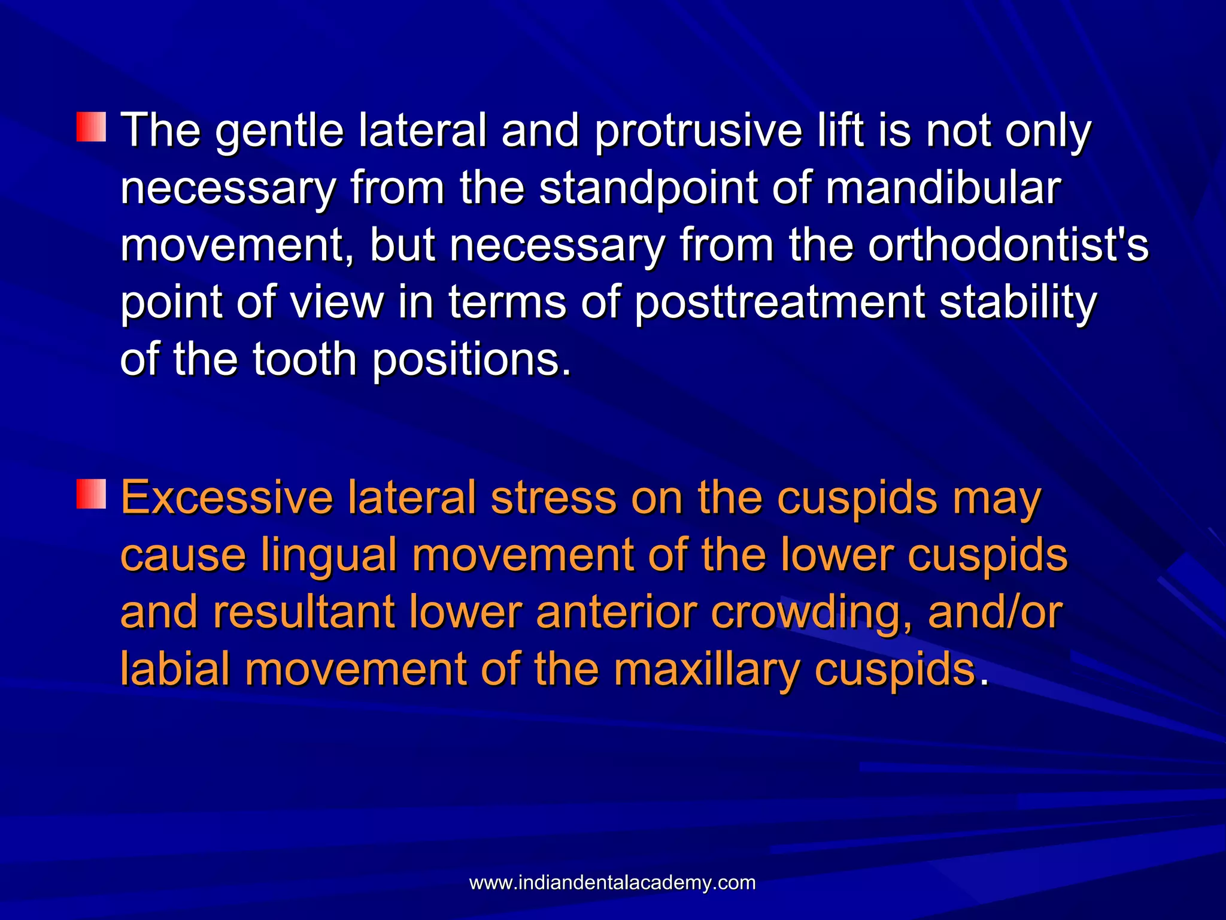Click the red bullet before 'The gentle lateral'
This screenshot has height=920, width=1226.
point(91,126)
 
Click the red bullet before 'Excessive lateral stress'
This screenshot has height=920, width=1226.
point(91,494)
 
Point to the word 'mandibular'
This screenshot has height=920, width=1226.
point(943,189)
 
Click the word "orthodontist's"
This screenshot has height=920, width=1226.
point(1008,246)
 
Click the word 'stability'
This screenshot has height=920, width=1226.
point(1018,302)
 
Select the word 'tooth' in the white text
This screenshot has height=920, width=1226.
point(305,359)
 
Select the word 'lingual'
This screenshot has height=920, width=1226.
point(329,555)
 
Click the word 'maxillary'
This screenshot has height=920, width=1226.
point(706,669)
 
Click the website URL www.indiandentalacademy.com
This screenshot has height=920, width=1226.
point(612,883)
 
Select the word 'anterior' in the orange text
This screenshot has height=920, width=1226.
point(617,612)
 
